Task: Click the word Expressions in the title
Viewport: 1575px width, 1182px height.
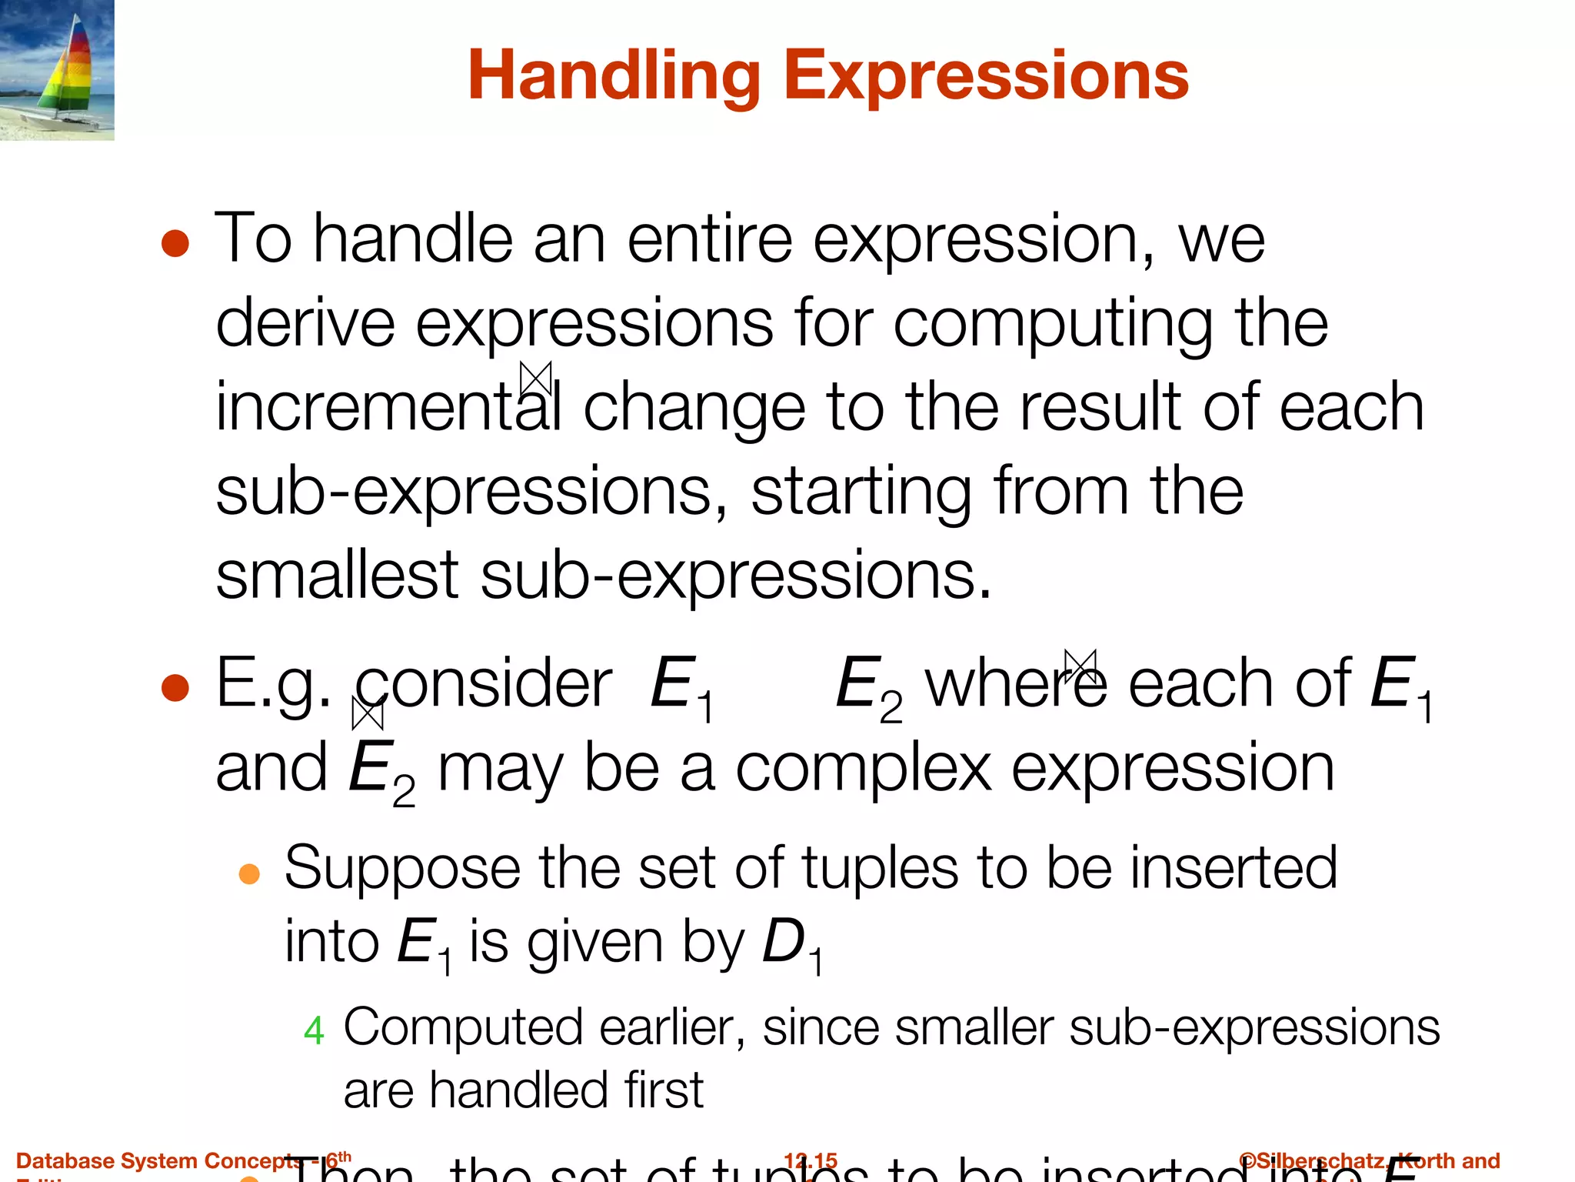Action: (985, 75)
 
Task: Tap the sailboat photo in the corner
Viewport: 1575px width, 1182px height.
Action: (57, 69)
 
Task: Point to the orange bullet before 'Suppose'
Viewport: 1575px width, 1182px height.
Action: (249, 873)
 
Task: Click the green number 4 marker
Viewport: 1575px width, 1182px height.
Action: (314, 1030)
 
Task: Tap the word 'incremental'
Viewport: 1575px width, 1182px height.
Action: (388, 407)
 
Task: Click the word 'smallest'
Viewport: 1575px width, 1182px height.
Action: (337, 575)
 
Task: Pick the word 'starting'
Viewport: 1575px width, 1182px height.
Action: (861, 492)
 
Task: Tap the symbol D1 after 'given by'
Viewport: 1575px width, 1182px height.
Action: (791, 945)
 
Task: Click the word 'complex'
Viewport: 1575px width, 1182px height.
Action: (863, 768)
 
